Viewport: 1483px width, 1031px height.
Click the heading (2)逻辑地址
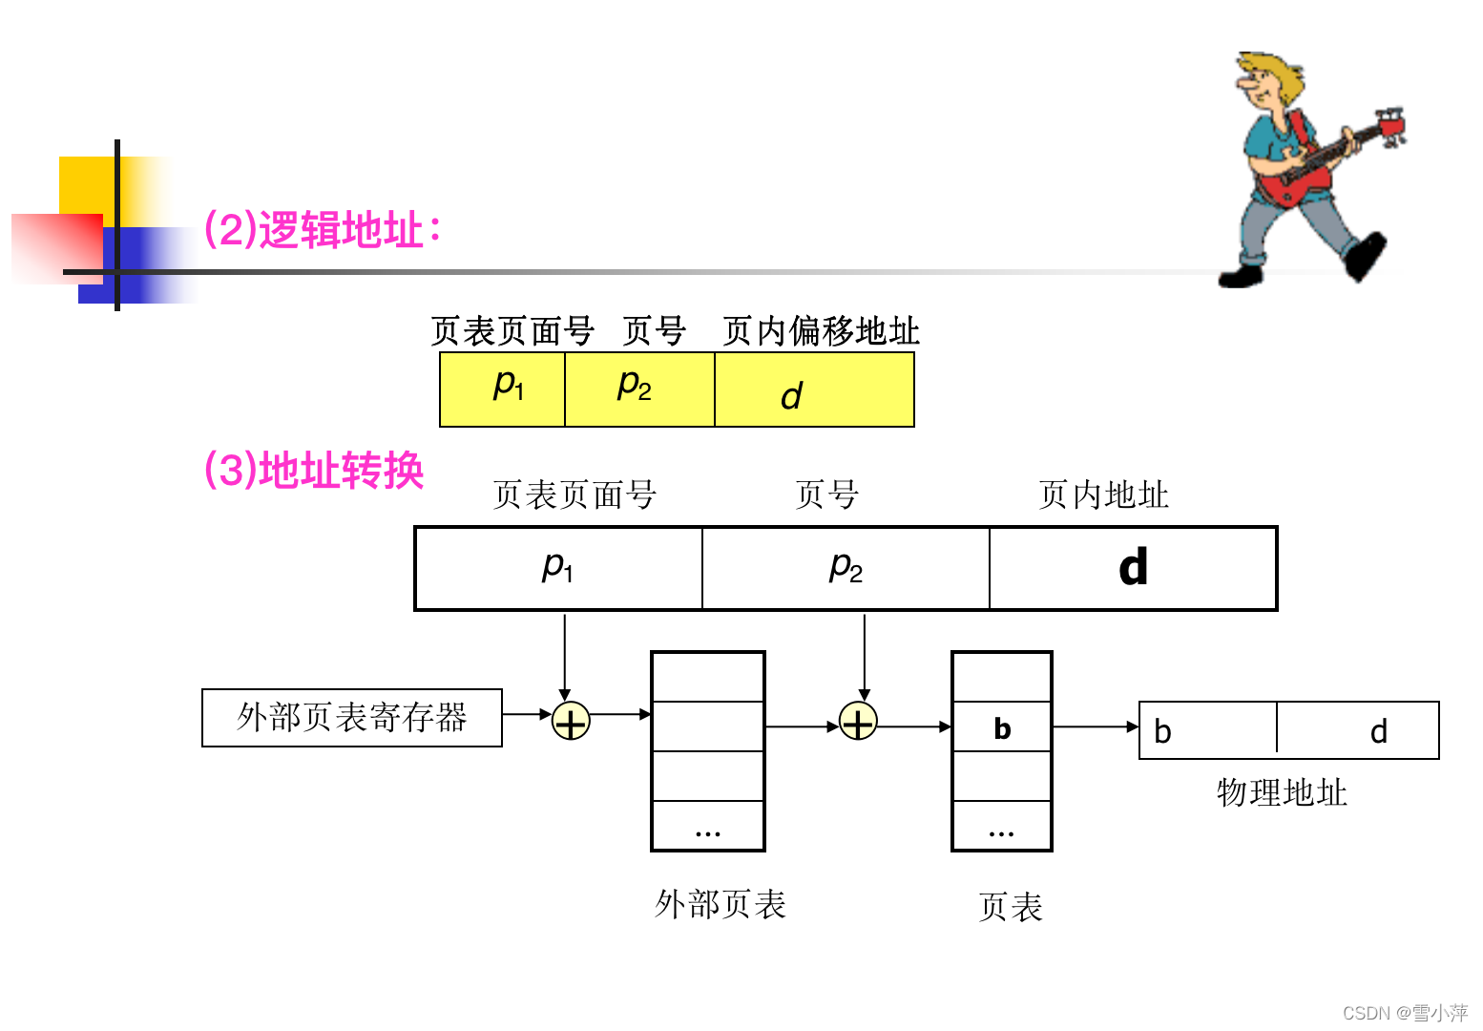pos(322,230)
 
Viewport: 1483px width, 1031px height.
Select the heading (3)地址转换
pos(314,471)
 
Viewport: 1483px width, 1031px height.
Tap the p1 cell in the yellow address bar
pos(503,389)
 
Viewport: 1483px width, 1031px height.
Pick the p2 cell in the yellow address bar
pos(639,389)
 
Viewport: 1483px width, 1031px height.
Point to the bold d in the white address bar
pos(1133,568)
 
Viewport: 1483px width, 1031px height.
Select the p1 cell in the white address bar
pos(558,568)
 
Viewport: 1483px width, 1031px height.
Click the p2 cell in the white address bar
pos(846,568)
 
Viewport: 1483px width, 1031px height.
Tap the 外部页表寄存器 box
pos(352,717)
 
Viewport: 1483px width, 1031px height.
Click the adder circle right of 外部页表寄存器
pos(571,721)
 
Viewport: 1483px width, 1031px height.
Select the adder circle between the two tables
pos(858,723)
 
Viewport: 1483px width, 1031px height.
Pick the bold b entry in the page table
pos(1002,728)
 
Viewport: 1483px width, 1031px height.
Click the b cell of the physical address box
pos(1207,730)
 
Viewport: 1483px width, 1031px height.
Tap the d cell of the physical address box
pos(1358,730)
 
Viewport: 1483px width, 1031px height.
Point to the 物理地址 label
pos(1282,792)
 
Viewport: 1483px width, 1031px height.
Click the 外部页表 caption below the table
pos(721,904)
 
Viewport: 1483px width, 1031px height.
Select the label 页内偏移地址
pos(821,331)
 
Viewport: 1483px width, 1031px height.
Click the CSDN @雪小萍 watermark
pos(1405,1013)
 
